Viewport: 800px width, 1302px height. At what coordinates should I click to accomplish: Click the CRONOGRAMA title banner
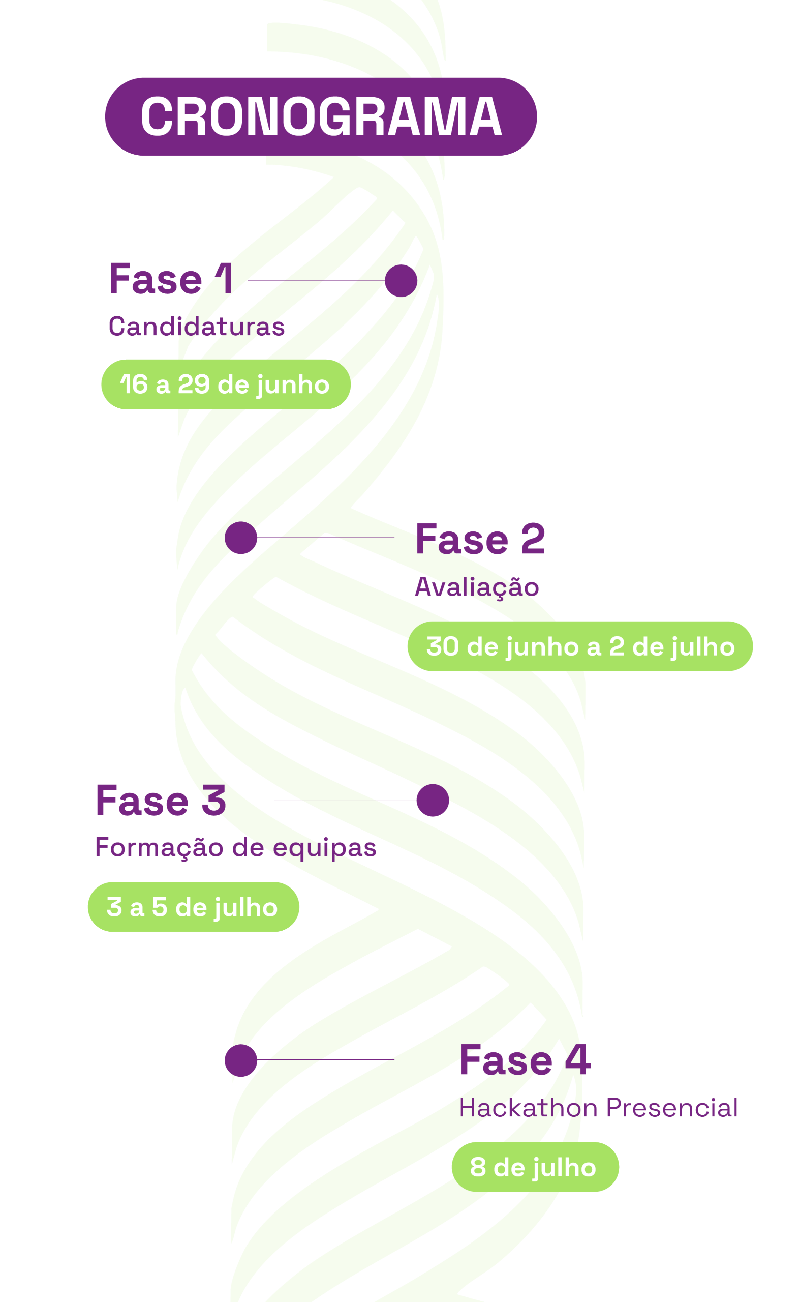[x=321, y=116]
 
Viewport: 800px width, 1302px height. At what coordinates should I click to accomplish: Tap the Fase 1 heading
[x=171, y=279]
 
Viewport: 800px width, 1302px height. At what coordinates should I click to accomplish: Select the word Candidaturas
[x=196, y=326]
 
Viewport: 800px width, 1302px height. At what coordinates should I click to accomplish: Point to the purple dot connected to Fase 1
[x=401, y=281]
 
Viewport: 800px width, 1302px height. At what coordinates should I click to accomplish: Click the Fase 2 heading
[x=479, y=540]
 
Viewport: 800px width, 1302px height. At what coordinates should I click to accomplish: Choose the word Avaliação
[x=476, y=587]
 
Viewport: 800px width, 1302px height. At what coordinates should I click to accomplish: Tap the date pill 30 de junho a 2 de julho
[x=580, y=646]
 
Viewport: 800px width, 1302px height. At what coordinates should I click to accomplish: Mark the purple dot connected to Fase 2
[x=241, y=538]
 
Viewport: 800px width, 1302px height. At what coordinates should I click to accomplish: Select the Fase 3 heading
[x=161, y=801]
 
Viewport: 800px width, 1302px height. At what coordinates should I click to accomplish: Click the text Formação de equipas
[x=235, y=847]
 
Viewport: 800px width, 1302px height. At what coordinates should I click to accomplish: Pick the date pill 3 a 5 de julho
[x=193, y=907]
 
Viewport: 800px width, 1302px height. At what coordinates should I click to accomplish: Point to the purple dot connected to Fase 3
[x=433, y=800]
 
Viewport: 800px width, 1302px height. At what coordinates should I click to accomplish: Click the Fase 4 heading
[x=525, y=1060]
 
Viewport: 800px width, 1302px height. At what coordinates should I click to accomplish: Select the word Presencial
[x=671, y=1108]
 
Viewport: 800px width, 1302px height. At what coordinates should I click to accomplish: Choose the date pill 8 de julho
[x=534, y=1168]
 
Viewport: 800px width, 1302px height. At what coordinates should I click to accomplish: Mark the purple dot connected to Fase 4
[x=241, y=1060]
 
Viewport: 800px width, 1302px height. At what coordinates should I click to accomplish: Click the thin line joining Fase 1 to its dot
[x=316, y=281]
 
